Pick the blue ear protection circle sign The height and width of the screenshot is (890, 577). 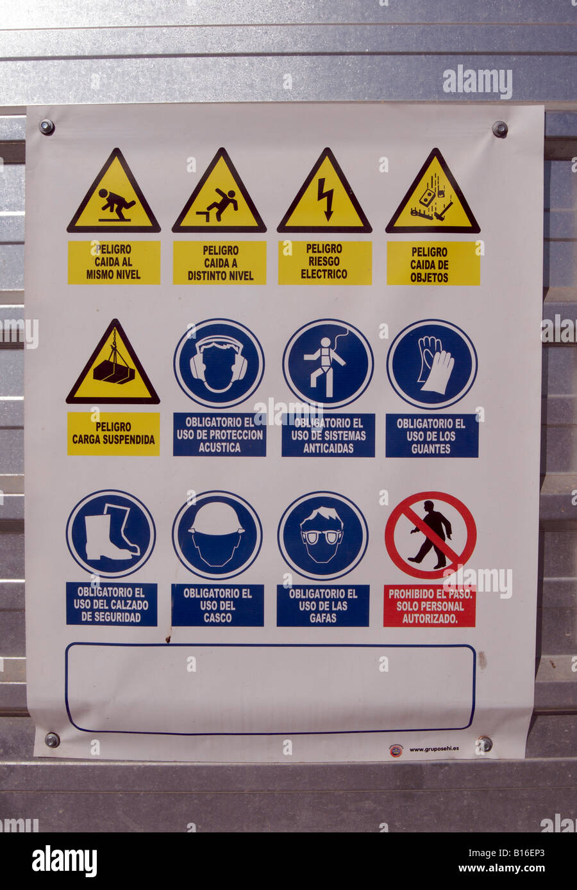[219, 364]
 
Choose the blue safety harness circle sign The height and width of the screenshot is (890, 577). [328, 364]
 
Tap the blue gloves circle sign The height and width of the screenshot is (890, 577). [431, 364]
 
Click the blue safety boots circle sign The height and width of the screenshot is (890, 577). [111, 533]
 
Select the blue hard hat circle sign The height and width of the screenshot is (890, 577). [217, 535]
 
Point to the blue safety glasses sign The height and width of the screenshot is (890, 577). [322, 535]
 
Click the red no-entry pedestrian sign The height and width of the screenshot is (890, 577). [430, 535]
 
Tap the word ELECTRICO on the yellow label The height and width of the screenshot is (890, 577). [324, 274]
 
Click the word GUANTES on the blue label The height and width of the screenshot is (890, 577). [431, 449]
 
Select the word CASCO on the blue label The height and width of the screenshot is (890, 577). [217, 619]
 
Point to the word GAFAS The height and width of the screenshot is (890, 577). [322, 619]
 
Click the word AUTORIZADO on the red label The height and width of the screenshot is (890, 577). [430, 619]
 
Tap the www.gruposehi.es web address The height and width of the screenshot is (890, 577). [433, 748]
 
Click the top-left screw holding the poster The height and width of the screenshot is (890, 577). [46, 126]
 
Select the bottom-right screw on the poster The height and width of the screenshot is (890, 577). [485, 744]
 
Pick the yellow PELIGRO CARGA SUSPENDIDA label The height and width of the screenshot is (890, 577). [113, 433]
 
